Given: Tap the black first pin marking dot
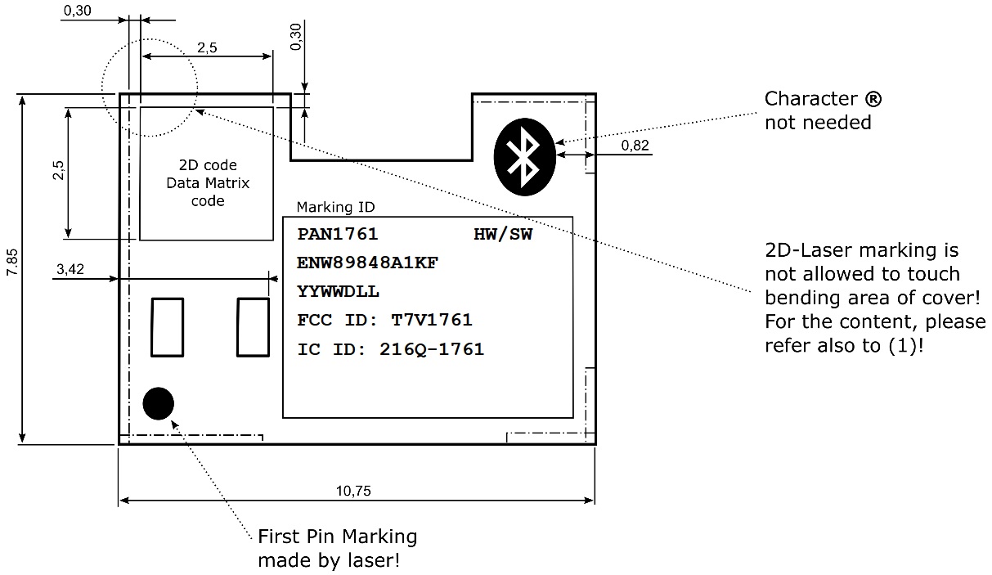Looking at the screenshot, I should coord(158,402).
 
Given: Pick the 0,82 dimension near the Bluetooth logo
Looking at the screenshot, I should coord(635,145).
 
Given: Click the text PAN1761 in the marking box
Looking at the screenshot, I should coord(338,235).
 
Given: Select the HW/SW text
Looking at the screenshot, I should coord(502,235).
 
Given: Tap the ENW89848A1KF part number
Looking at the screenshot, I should coord(367,263).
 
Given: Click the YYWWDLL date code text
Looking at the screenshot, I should coord(339,292).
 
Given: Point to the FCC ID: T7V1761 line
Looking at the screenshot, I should coord(384,320).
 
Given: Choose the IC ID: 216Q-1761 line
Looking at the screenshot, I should coord(391,349).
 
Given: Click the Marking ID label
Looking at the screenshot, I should coord(335,207).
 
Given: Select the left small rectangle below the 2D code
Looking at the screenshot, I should coord(168,327).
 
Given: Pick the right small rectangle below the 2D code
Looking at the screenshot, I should coord(254,327).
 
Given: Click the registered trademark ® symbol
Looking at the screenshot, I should coord(873,100).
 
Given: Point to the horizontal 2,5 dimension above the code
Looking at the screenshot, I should coord(207,47).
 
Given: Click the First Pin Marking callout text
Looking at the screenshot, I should coord(337,537).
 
